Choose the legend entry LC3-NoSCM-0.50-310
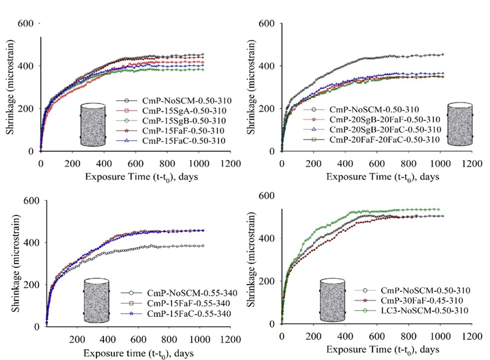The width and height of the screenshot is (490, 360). [417, 310]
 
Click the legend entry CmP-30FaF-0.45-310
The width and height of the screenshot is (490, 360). [417, 300]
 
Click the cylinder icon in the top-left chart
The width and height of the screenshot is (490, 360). [93, 125]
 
